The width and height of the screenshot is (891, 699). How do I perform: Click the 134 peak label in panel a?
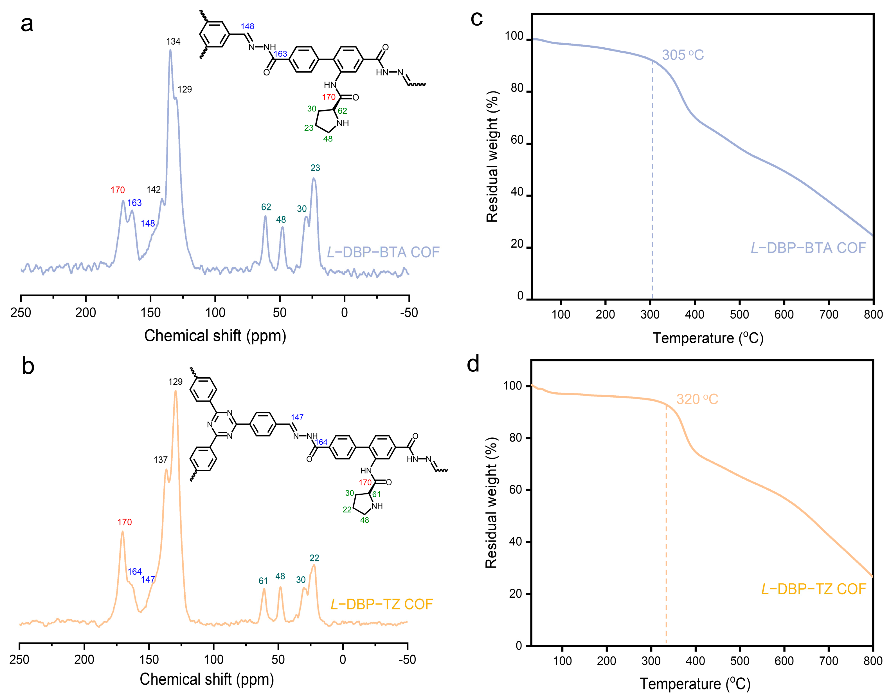(x=173, y=41)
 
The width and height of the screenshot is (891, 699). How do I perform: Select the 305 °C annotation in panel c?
(x=682, y=55)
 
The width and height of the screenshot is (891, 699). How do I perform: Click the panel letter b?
(x=28, y=366)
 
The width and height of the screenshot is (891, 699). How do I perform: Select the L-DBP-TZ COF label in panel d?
(x=813, y=589)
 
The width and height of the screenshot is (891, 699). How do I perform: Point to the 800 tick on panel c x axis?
(x=873, y=314)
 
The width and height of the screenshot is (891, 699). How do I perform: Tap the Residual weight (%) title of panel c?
(x=492, y=157)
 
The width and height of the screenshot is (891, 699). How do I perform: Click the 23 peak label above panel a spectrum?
(x=315, y=168)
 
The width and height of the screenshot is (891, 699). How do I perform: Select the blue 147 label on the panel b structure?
(x=297, y=417)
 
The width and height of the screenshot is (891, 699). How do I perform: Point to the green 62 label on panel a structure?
(x=342, y=111)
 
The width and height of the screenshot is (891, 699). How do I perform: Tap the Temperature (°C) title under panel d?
(x=695, y=684)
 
